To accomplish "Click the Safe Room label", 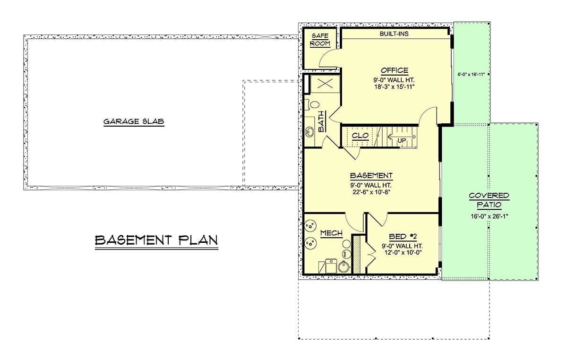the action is pyautogui.click(x=320, y=40).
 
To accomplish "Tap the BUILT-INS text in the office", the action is pyautogui.click(x=394, y=34).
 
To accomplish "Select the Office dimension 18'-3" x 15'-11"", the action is pyautogui.click(x=395, y=87).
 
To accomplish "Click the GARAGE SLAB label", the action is pyautogui.click(x=134, y=121).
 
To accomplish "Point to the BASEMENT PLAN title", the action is pyautogui.click(x=156, y=240).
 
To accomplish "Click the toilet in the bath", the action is pyautogui.click(x=312, y=105).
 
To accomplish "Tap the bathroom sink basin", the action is pyautogui.click(x=309, y=132).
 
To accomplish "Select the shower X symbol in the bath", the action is pyautogui.click(x=325, y=84).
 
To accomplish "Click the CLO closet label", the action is pyautogui.click(x=360, y=136).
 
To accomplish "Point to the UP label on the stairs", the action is pyautogui.click(x=402, y=140).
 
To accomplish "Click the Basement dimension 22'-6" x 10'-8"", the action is pyautogui.click(x=371, y=192).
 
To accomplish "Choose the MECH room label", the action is pyautogui.click(x=331, y=233).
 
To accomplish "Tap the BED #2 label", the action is pyautogui.click(x=403, y=237).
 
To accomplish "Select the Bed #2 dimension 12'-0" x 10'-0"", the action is pyautogui.click(x=403, y=252).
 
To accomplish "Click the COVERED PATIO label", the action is pyautogui.click(x=489, y=200).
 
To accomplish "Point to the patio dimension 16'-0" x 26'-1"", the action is pyautogui.click(x=490, y=216).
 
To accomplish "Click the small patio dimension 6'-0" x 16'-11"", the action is pyautogui.click(x=471, y=75).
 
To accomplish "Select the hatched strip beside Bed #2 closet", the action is pyautogui.click(x=357, y=255).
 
